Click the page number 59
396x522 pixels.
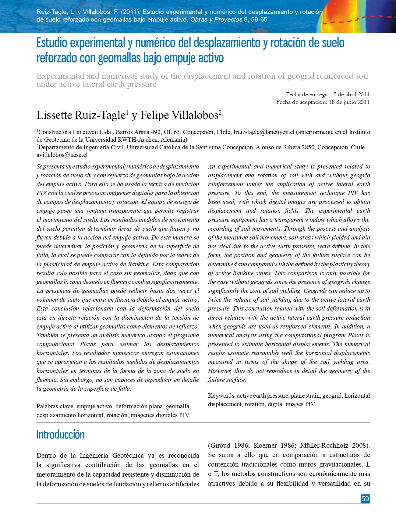click(x=365, y=499)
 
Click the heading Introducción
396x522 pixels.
click(x=60, y=435)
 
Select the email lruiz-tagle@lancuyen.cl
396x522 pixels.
click(x=264, y=132)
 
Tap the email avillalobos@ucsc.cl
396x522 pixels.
click(x=62, y=155)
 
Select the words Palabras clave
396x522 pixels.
click(x=55, y=406)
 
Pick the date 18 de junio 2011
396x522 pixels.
click(x=349, y=102)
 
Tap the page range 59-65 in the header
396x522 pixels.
click(x=259, y=20)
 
